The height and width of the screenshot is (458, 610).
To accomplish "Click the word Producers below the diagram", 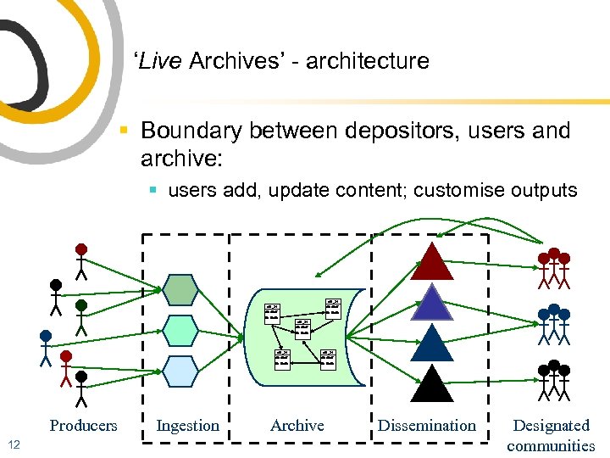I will (x=83, y=426).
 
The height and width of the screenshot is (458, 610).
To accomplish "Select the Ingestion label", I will (x=187, y=426).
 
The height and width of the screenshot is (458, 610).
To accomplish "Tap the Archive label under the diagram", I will (x=297, y=426).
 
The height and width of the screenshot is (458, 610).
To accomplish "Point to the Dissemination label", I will (x=427, y=426).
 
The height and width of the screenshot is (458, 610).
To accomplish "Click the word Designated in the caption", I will (x=551, y=426).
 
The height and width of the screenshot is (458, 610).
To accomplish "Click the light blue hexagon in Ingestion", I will (x=180, y=371).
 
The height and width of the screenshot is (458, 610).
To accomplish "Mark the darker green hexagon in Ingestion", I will (x=180, y=289).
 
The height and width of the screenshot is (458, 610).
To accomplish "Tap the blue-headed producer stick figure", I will (x=46, y=349).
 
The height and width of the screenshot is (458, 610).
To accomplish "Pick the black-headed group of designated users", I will (x=553, y=382).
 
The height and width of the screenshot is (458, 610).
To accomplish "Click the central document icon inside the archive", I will (x=302, y=329).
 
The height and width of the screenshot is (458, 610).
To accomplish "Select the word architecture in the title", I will (x=368, y=61).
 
